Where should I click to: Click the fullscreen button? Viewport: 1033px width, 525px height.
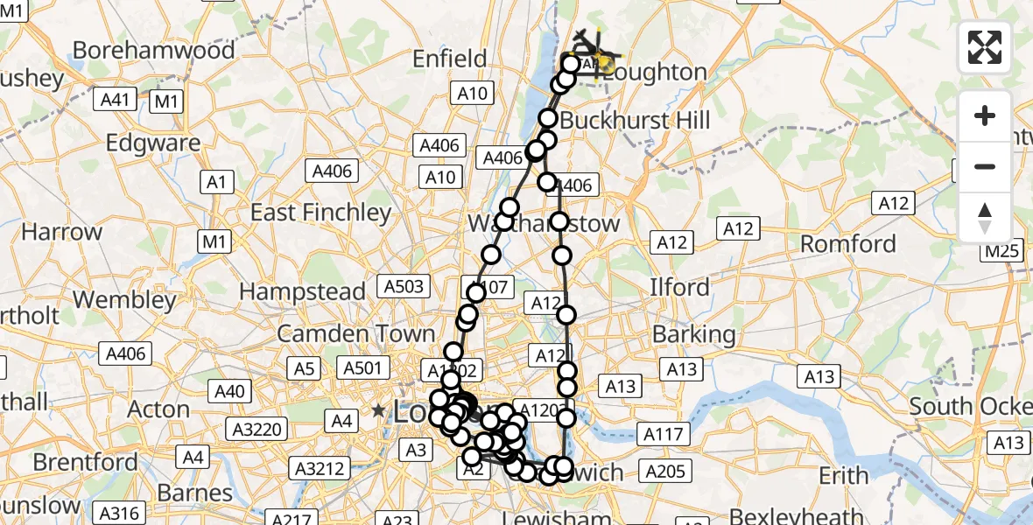click(x=985, y=47)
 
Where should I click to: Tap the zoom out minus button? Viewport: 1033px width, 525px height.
click(x=985, y=166)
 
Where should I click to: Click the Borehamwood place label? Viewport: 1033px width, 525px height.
click(x=153, y=50)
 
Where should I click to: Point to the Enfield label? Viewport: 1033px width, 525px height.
click(x=450, y=59)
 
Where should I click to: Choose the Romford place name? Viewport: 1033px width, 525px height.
click(x=848, y=243)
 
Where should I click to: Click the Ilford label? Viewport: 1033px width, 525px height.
click(x=679, y=287)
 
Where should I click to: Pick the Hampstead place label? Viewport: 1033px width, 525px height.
click(x=302, y=290)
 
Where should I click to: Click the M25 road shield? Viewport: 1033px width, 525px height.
click(x=1001, y=252)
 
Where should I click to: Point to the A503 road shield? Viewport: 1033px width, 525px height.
click(x=404, y=285)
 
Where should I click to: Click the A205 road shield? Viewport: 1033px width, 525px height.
click(x=664, y=472)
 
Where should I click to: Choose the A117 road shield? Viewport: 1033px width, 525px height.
click(x=663, y=432)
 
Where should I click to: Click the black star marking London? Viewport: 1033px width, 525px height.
click(x=378, y=410)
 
